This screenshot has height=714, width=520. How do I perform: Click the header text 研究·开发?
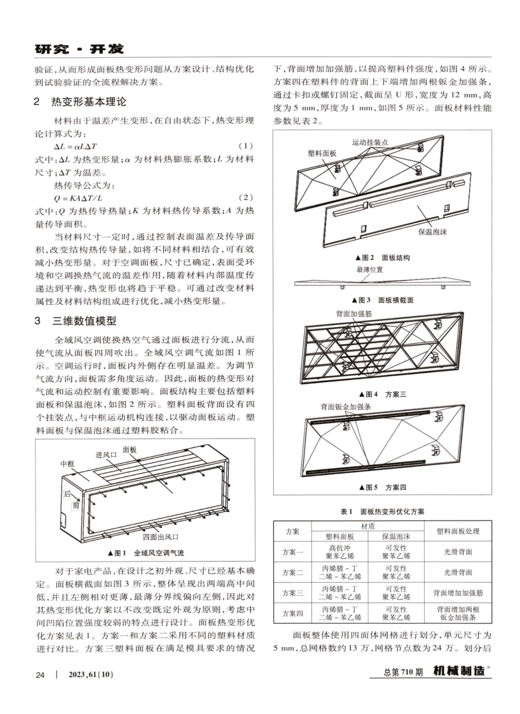[x=79, y=49]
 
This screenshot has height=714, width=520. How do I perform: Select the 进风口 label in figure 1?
[x=106, y=455]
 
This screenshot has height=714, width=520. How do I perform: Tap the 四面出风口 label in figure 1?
[x=160, y=537]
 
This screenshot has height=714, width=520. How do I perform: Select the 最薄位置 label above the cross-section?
[x=369, y=270]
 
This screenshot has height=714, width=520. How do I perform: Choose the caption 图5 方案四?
[x=383, y=487]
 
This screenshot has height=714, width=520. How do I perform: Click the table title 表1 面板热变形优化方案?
[x=382, y=512]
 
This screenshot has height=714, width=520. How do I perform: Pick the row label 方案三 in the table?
[x=292, y=593]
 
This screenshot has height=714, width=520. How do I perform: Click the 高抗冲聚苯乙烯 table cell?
[x=339, y=552]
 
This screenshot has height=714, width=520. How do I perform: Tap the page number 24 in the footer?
[x=39, y=674]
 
